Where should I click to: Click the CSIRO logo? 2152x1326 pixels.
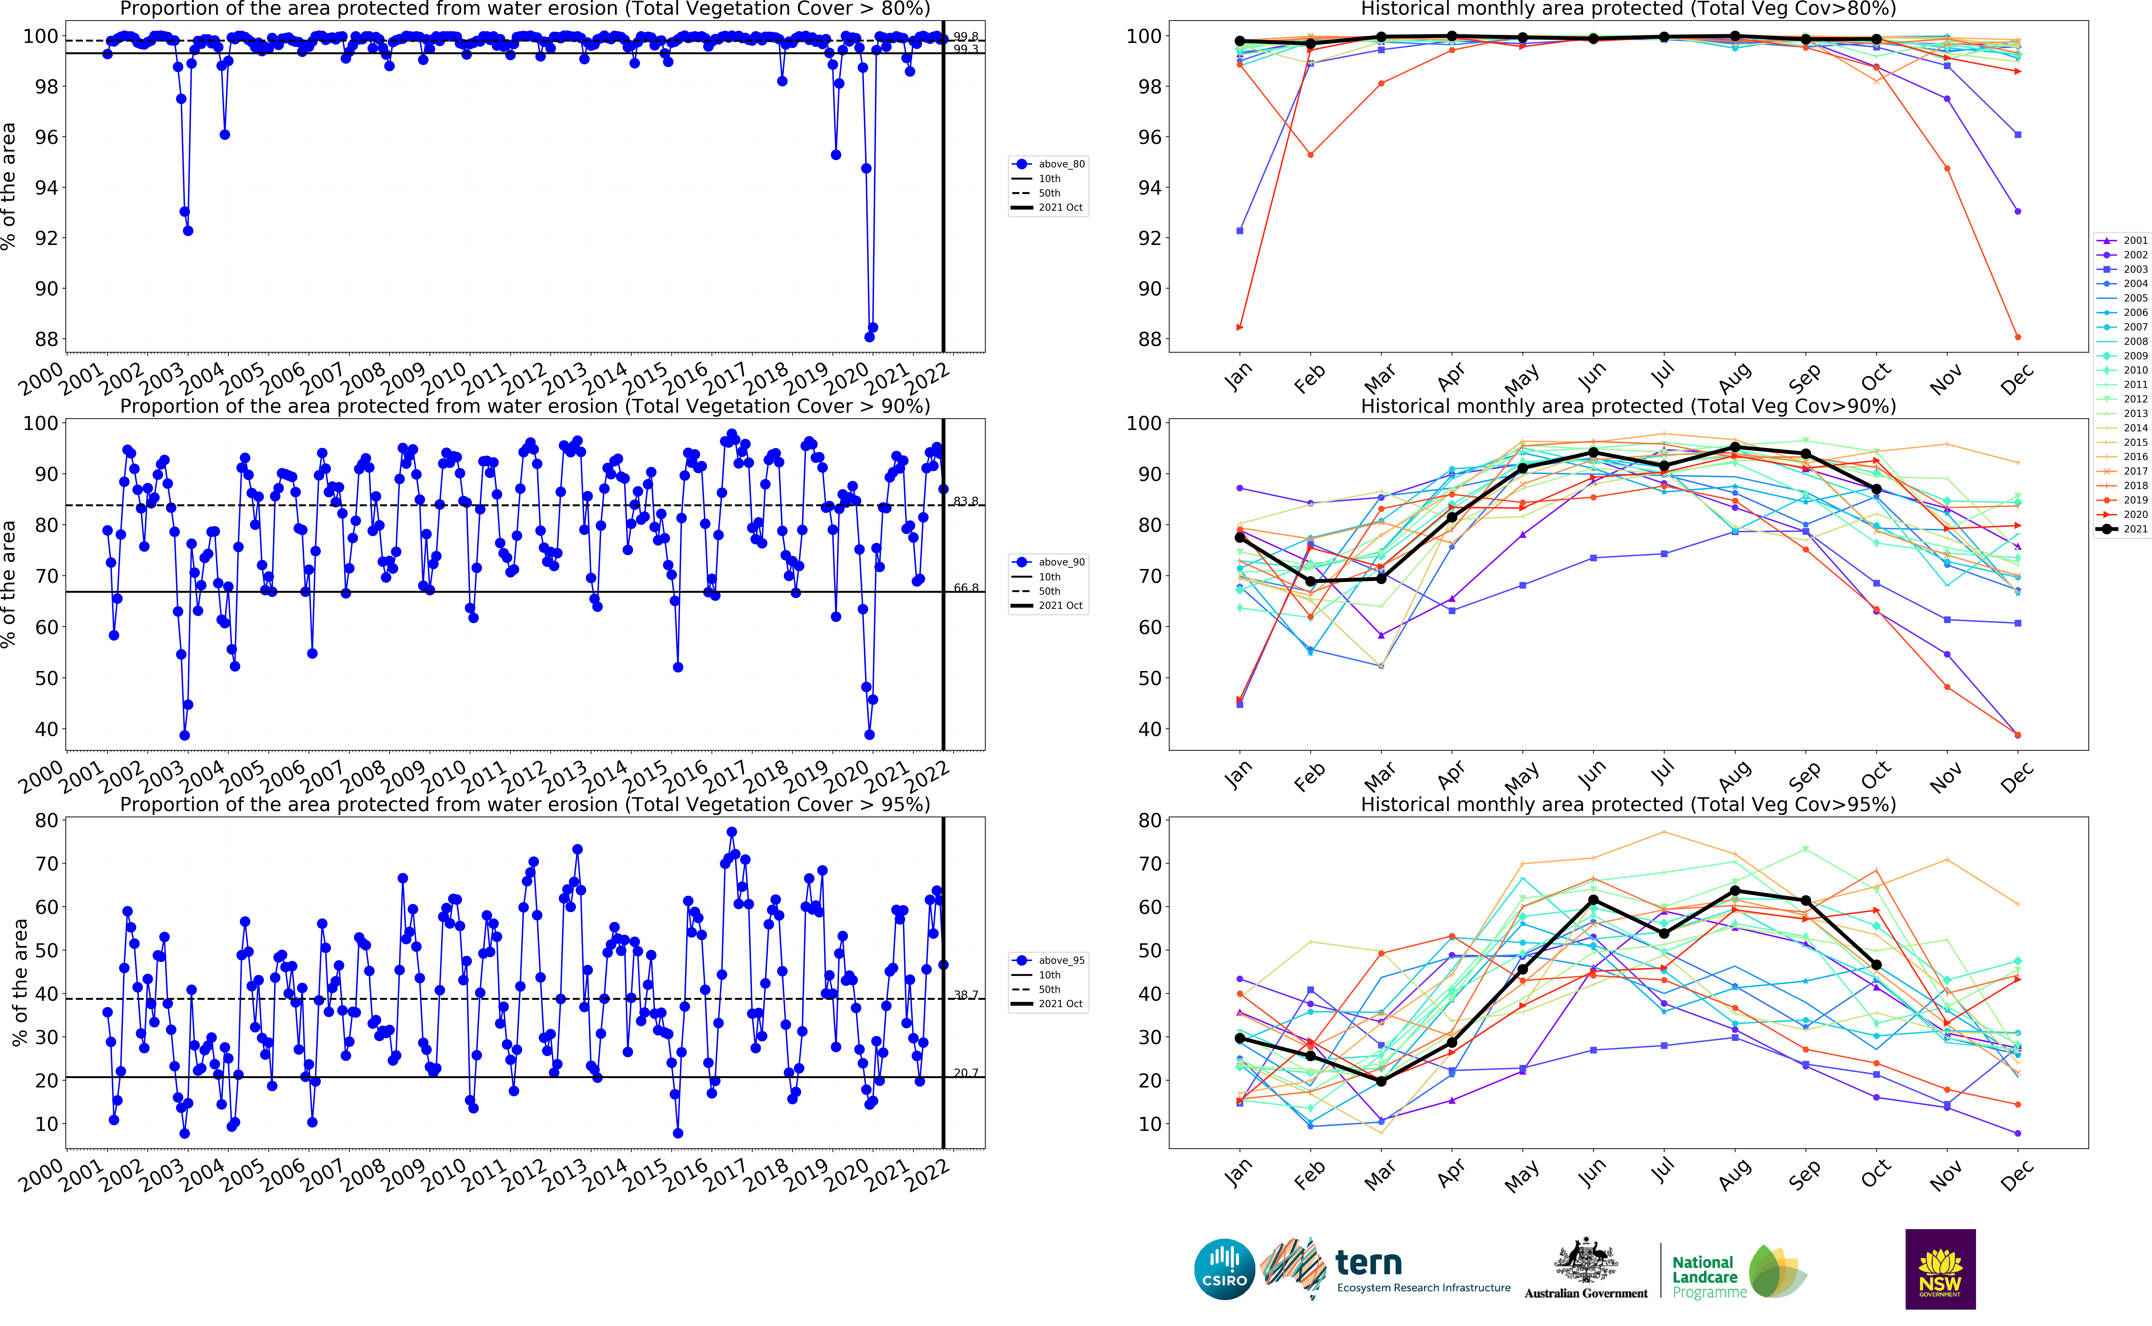(x=1224, y=1269)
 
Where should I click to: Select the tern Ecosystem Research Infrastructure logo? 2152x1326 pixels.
(x=1386, y=1269)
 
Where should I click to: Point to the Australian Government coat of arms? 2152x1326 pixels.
(x=1586, y=1263)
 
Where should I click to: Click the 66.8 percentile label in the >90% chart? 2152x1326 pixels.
(x=965, y=587)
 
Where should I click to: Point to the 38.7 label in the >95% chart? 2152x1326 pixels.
(x=965, y=994)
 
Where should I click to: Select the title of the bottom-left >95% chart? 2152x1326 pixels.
(x=524, y=804)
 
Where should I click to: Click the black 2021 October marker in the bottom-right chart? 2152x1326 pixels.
(x=1876, y=965)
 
